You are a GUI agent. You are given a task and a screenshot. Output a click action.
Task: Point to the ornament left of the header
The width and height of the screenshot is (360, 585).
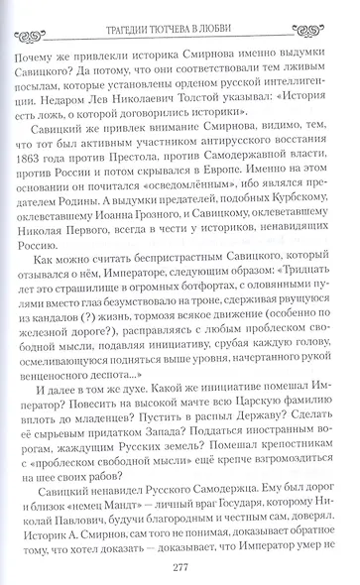coord(51,13)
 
